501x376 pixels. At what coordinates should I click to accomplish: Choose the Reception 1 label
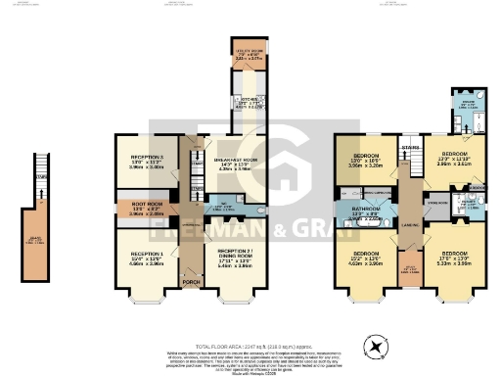pyautogui.click(x=145, y=258)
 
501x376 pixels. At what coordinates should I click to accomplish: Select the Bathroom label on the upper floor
pyautogui.click(x=365, y=212)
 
